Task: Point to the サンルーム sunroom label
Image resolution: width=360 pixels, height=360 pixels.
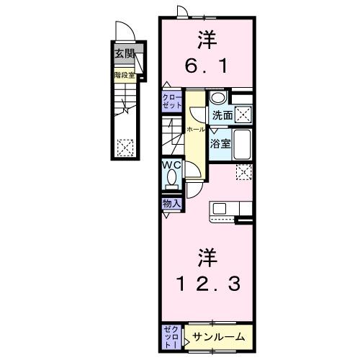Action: click(x=219, y=336)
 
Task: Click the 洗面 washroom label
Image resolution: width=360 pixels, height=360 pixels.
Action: click(x=222, y=114)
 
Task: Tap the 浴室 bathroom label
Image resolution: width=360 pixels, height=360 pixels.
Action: click(x=220, y=143)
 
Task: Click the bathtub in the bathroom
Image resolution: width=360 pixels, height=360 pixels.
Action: click(x=243, y=143)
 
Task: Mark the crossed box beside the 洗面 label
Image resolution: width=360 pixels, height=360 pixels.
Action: click(x=243, y=113)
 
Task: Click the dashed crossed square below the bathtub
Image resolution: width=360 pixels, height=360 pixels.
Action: click(x=244, y=171)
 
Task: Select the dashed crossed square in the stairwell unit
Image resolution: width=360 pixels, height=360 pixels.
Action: click(x=125, y=146)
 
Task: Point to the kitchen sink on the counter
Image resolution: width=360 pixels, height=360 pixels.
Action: click(x=220, y=209)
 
